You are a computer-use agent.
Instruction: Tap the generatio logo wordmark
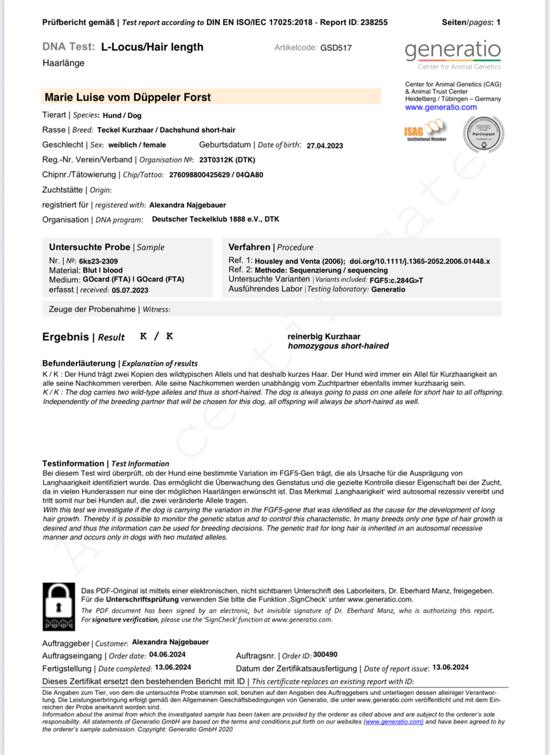click(453, 50)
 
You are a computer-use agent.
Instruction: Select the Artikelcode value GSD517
click(336, 48)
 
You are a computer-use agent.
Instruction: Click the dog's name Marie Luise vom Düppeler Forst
click(127, 97)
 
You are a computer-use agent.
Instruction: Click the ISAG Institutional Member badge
click(425, 130)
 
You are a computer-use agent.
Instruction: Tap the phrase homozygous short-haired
click(338, 346)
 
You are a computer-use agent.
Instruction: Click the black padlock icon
click(59, 605)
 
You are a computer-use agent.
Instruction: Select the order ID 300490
click(325, 655)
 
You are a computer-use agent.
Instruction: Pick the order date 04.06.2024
click(167, 655)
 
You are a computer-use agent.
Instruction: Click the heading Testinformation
click(73, 463)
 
